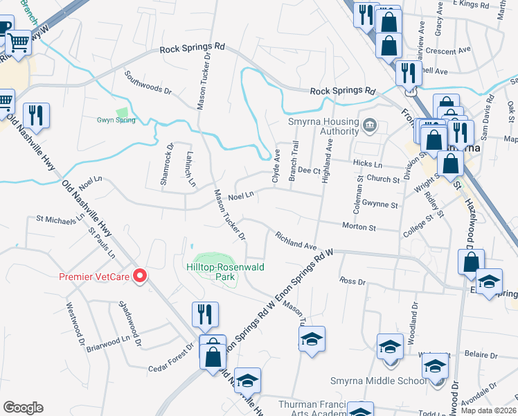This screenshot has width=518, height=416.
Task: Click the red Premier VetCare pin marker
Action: (x=141, y=276)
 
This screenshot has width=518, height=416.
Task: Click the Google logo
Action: (x=23, y=408)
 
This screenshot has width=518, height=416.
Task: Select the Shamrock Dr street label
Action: (x=166, y=163)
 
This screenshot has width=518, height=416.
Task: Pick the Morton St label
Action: (x=358, y=226)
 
